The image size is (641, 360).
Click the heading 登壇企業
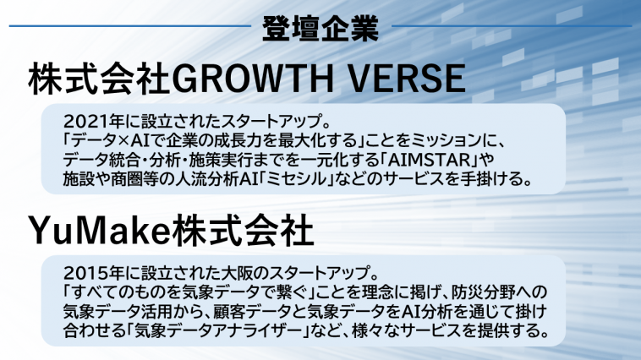click(320, 29)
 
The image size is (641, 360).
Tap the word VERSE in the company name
click(407, 79)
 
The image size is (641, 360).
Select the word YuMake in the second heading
click(99, 232)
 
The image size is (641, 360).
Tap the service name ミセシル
click(297, 179)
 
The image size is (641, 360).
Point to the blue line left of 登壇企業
click(130, 26)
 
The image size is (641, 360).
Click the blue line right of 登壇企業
click(512, 26)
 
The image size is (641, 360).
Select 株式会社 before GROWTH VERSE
click(99, 79)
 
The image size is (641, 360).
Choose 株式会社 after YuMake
click(243, 232)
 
